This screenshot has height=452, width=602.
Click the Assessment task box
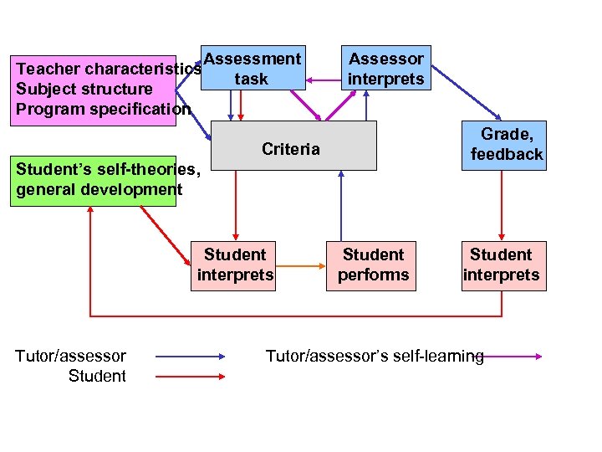(252, 68)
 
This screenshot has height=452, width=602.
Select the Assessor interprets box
(385, 68)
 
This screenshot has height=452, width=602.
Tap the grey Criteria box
(290, 150)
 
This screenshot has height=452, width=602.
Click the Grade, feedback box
(506, 144)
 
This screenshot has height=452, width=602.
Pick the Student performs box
(373, 265)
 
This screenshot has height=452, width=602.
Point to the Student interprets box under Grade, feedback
(501, 265)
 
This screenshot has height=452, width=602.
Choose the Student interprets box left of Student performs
(235, 265)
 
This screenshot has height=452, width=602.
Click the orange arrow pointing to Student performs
(300, 265)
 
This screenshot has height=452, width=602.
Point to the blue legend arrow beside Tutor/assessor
(190, 357)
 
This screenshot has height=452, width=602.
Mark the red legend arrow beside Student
(190, 376)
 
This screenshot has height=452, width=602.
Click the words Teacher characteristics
(109, 69)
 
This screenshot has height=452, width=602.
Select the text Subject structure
(84, 89)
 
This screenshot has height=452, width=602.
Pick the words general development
(99, 189)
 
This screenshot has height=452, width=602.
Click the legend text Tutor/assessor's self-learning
(374, 357)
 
